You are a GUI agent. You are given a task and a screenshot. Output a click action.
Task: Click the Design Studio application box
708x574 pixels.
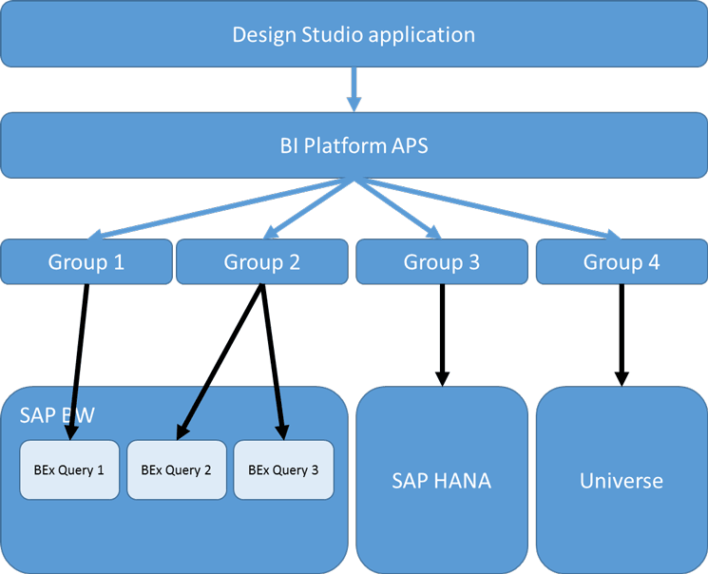(x=354, y=35)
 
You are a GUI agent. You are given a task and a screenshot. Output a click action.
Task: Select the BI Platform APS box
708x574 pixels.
(x=354, y=145)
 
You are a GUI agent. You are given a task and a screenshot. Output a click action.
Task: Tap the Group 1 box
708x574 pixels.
(x=86, y=261)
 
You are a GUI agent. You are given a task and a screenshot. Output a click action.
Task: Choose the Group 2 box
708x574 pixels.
(x=262, y=261)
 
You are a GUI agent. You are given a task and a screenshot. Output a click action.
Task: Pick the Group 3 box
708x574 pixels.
(x=442, y=261)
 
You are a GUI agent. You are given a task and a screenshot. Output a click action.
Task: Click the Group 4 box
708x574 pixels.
(x=622, y=261)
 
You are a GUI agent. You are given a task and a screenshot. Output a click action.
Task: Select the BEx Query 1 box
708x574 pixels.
(x=69, y=469)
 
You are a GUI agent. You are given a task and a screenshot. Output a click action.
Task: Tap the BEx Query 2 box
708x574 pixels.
(x=176, y=469)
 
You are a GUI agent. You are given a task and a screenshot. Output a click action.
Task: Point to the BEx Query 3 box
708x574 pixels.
(x=283, y=469)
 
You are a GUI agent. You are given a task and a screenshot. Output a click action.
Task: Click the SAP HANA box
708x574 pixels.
(x=442, y=480)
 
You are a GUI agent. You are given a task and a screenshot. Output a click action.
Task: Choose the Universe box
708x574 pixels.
(x=622, y=480)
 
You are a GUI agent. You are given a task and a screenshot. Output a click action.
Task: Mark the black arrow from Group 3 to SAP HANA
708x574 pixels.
(x=442, y=333)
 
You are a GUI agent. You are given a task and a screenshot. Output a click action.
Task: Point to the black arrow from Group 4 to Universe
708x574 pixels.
(x=622, y=333)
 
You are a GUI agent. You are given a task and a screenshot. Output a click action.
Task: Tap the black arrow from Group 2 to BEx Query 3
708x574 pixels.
(x=273, y=361)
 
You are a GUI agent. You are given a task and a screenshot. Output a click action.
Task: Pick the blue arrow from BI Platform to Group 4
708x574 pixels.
(x=494, y=208)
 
